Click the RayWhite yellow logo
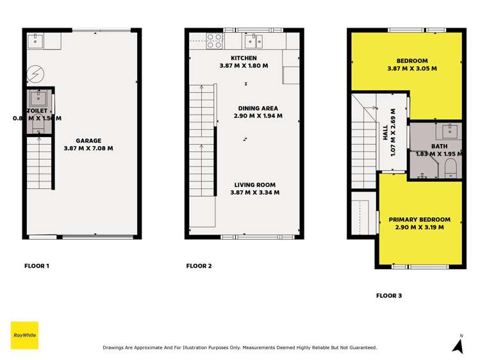click(25, 335)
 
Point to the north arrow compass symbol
click(458, 346)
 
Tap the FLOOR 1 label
click(37, 265)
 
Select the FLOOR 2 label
click(199, 265)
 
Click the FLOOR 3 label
click(389, 296)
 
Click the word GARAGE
click(89, 140)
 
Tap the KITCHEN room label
click(248, 58)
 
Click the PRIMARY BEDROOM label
click(419, 219)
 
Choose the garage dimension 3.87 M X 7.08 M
click(89, 148)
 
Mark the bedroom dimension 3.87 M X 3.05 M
click(412, 68)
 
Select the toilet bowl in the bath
click(450, 167)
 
